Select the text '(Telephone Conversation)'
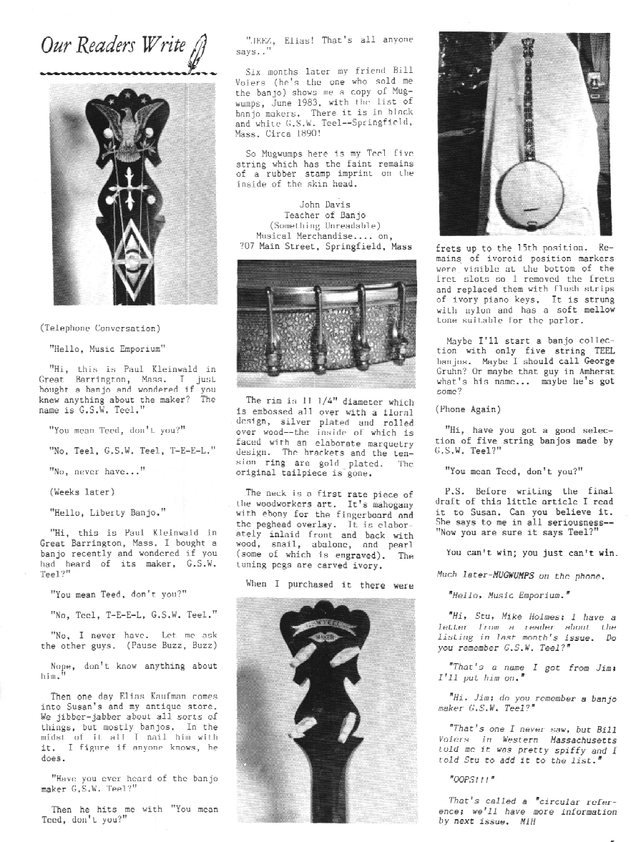pos(100,328)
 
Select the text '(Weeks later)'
pos(80,491)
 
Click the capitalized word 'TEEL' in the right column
pos(600,351)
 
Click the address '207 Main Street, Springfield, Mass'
pos(326,246)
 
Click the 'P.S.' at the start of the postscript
pos(454,491)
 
